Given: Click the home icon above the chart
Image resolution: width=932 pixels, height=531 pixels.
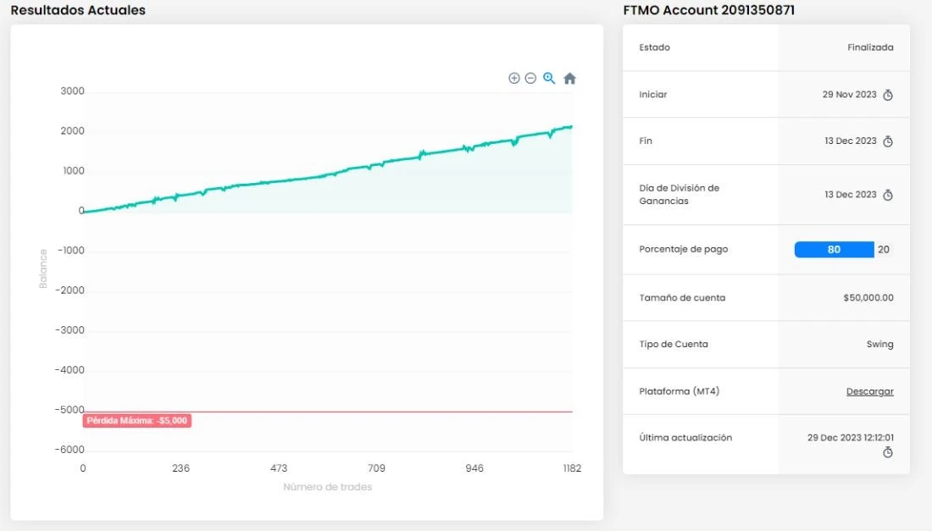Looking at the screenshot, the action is (x=569, y=79).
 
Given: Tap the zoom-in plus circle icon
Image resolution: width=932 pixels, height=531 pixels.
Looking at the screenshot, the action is (x=514, y=79).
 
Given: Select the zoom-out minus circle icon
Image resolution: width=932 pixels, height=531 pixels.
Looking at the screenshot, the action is (x=530, y=79).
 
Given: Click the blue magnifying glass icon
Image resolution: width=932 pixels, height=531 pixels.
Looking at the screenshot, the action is (x=549, y=79).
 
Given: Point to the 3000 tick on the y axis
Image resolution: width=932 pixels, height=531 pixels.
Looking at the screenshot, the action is (x=73, y=91).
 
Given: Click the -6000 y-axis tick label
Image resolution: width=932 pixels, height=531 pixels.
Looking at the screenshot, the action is (x=69, y=450).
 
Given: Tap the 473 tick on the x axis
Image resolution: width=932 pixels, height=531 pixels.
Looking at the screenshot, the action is (x=279, y=468).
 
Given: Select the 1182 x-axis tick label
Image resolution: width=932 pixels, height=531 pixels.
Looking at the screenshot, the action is (x=572, y=468).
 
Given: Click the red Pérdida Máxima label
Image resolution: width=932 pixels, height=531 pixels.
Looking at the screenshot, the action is (x=136, y=421).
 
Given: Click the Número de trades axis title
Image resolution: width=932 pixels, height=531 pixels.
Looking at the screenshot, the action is (x=328, y=487).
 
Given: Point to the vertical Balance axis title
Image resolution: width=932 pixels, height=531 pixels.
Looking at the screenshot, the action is (x=43, y=268).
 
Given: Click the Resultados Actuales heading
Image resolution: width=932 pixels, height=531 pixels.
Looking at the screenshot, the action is (x=78, y=10).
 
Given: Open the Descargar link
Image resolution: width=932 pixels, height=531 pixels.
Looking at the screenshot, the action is (x=869, y=391).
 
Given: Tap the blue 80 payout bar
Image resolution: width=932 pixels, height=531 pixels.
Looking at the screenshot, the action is (x=834, y=250).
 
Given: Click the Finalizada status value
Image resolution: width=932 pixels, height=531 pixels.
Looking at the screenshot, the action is (x=870, y=47).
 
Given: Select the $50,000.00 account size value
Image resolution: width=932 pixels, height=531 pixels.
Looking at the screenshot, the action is (x=868, y=297).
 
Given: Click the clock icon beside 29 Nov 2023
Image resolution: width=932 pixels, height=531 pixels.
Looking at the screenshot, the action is (x=888, y=95).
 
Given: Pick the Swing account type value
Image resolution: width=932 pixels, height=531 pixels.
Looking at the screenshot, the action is (x=879, y=345).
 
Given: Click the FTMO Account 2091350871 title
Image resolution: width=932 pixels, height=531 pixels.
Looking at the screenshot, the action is (x=708, y=10).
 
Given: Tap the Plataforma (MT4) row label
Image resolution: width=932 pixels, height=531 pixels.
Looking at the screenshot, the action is (x=679, y=391).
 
